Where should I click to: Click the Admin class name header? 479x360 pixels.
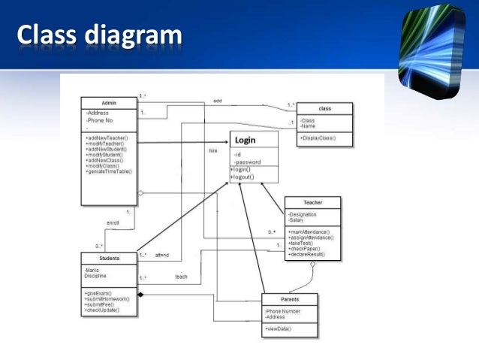point(108,102)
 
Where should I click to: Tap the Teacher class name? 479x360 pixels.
point(312,202)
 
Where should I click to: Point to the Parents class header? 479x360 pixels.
point(289,299)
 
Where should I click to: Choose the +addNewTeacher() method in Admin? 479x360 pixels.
point(107,138)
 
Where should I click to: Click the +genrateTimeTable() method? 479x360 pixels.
point(110,172)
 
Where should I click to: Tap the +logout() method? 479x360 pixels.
point(243,177)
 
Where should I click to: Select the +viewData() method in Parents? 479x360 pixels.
point(279,329)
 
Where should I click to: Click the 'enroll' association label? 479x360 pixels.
point(113,223)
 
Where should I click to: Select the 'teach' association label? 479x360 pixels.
point(181,277)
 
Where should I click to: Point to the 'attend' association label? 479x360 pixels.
point(162,256)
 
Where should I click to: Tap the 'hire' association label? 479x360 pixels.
point(212,151)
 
